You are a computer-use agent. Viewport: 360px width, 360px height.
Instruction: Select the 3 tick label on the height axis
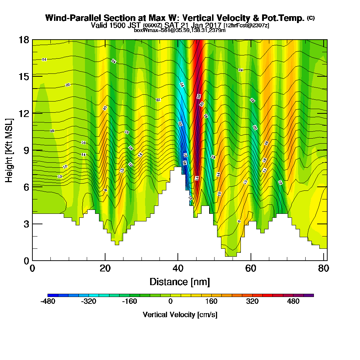(26, 224)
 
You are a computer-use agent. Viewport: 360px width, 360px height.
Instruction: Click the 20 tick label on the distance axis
(105, 269)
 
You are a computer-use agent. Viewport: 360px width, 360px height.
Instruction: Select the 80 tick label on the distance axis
(323, 269)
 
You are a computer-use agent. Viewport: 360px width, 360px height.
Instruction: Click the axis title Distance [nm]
(180, 282)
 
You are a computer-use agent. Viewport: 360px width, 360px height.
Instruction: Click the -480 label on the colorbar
(48, 301)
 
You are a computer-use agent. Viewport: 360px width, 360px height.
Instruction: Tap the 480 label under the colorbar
(293, 301)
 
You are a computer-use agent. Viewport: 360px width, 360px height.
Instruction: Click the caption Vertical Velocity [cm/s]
(180, 315)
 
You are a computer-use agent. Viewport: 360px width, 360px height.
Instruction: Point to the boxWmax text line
(180, 30)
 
